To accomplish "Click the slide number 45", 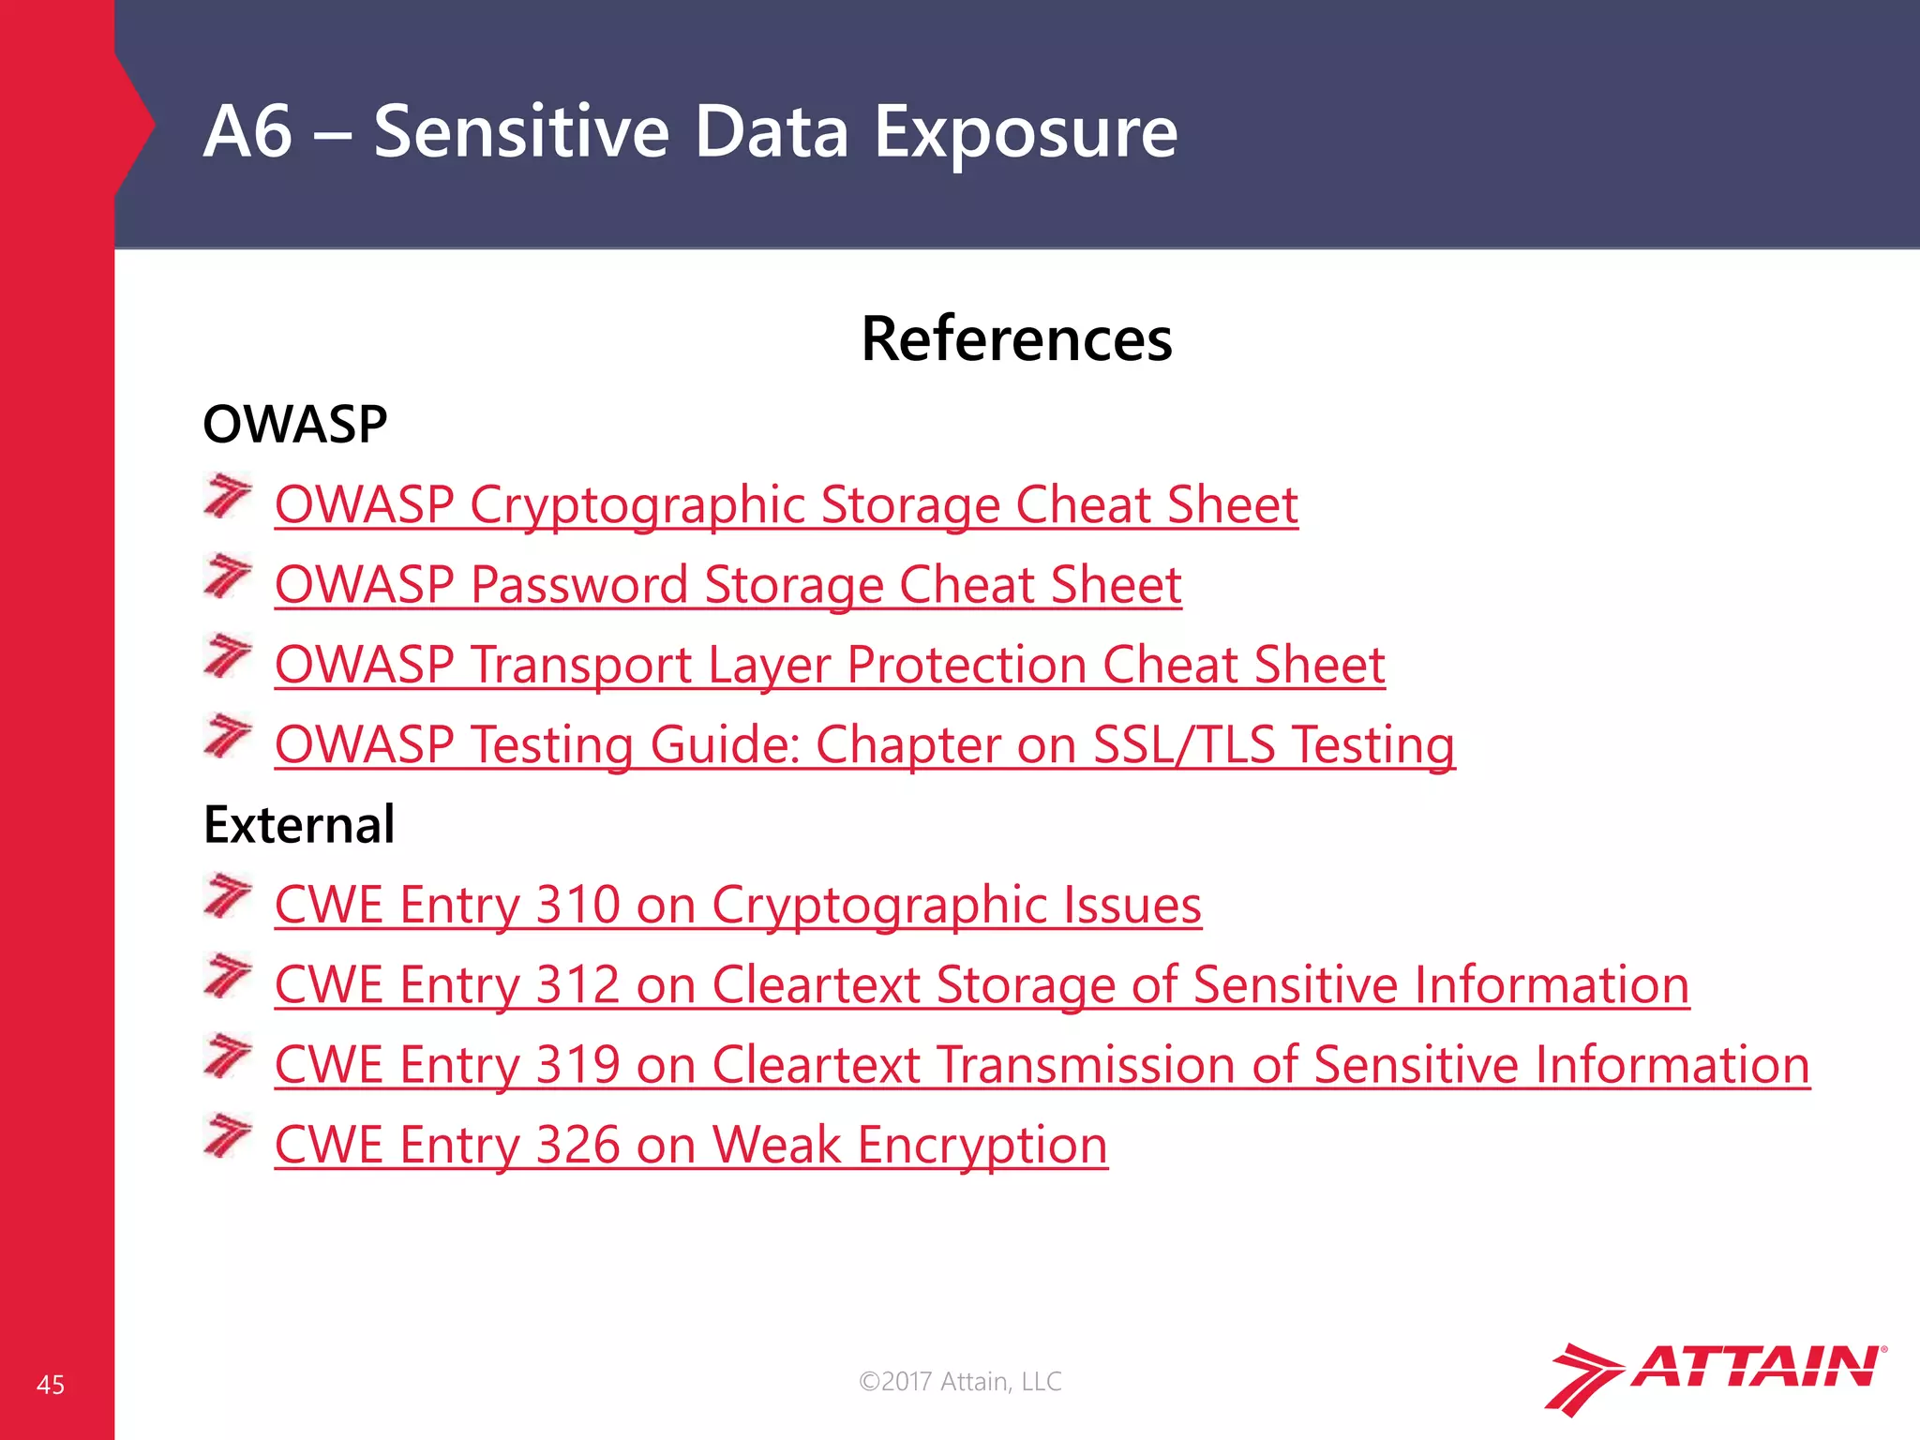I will pyautogui.click(x=51, y=1385).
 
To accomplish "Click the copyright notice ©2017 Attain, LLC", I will pyautogui.click(x=960, y=1381).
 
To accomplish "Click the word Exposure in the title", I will pyautogui.click(x=1026, y=132).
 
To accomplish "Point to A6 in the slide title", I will pyautogui.click(x=247, y=132).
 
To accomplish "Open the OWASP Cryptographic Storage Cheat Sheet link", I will pyautogui.click(x=786, y=504).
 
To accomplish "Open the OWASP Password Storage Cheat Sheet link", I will pyautogui.click(x=727, y=585).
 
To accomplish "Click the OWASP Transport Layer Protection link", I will pyautogui.click(x=829, y=665).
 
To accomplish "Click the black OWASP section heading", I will pyautogui.click(x=294, y=425).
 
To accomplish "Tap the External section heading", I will pyautogui.click(x=298, y=825).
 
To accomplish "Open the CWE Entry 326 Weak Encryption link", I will pyautogui.click(x=690, y=1145).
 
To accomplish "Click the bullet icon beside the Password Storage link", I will pyautogui.click(x=228, y=576).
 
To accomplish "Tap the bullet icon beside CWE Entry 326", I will pyautogui.click(x=228, y=1135).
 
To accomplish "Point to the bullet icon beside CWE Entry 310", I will pyautogui.click(x=228, y=895).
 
